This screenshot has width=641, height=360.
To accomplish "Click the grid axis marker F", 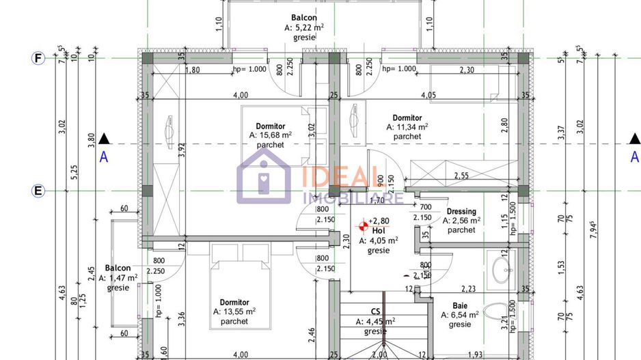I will point(38,58).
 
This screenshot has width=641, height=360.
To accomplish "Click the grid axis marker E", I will point(38,190).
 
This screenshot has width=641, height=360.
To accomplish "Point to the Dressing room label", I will point(461,212).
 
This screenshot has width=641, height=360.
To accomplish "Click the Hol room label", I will point(379,231).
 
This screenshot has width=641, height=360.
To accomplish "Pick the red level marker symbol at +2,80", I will point(362,223).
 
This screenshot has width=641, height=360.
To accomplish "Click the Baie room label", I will point(460,306).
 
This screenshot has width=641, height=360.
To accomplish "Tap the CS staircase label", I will point(376,311).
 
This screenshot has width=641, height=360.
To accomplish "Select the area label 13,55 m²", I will point(234,311).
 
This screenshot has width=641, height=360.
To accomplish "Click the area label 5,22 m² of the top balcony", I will point(303,28).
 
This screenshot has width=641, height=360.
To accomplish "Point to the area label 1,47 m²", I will point(118,278).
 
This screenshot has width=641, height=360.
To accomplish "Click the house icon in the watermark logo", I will point(264,176).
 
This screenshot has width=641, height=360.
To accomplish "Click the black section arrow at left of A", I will point(103,139).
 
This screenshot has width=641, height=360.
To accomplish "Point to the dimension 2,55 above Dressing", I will point(462,176).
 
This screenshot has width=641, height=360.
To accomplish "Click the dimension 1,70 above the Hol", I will point(375,202).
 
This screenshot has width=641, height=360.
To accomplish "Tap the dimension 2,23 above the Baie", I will point(469,289).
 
